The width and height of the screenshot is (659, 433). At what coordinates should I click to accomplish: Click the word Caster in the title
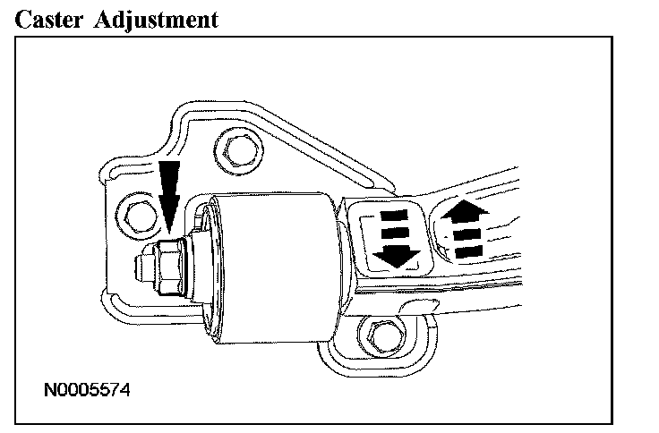(x=46, y=19)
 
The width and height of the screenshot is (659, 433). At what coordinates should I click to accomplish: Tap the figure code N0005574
(x=89, y=390)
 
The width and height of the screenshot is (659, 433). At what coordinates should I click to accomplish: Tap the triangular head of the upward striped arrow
(x=465, y=210)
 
